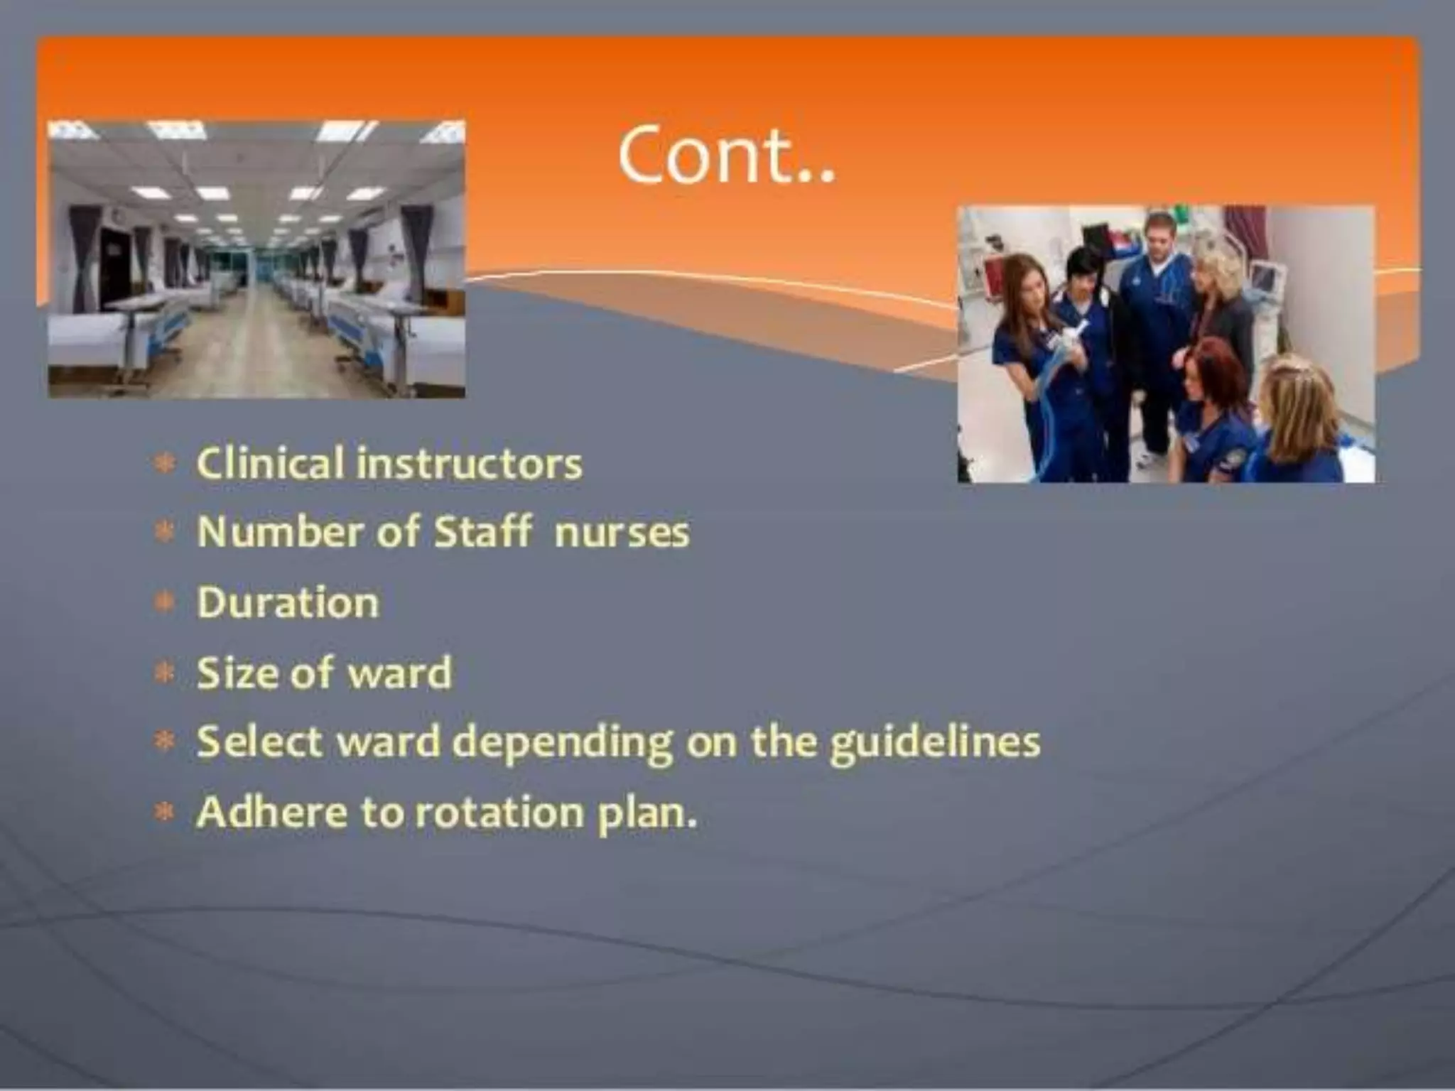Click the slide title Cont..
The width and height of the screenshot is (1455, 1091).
pos(726,156)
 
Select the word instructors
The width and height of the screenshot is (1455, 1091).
pos(469,463)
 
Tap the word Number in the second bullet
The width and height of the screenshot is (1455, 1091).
pos(279,531)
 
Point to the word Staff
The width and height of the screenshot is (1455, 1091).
pos(482,531)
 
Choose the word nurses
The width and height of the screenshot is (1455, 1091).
pos(622,533)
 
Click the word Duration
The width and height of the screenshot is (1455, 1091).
pos(288,602)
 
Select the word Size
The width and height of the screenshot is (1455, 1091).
pos(237,672)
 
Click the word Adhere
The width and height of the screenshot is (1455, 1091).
pos(271,812)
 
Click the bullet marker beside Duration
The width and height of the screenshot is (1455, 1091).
pos(164,603)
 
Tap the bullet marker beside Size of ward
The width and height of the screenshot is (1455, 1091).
pos(164,673)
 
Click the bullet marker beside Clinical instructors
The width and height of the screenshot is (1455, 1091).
pos(164,465)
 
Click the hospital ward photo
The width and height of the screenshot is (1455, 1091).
pos(256,259)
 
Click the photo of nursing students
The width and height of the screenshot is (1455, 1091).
pos(1166,344)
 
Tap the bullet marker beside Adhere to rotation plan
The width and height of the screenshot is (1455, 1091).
pos(164,812)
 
